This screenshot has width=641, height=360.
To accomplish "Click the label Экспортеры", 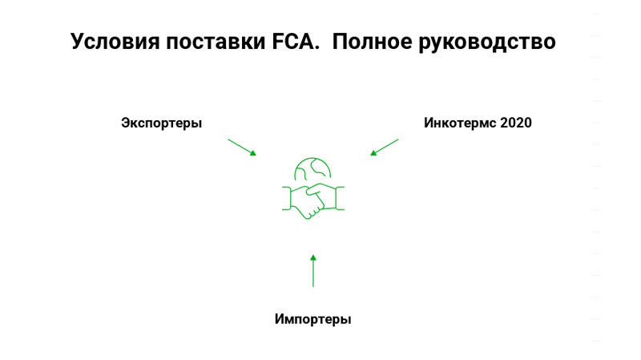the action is tap(161, 123).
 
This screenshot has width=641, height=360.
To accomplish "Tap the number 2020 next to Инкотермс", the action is tap(515, 123).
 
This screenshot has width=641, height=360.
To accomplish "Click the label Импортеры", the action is tap(312, 319).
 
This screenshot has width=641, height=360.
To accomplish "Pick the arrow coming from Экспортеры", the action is tap(242, 147).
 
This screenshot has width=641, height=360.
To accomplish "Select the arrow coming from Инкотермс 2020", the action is tap(384, 147).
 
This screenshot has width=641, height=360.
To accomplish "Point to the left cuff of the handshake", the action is tap(286, 198).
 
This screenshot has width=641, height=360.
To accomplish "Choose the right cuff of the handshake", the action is tap(340, 197).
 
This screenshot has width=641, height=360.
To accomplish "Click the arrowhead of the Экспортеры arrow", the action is tap(253, 153).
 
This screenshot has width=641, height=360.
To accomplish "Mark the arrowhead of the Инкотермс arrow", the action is tap(373, 153).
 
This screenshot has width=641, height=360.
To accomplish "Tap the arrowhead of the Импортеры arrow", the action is tap(313, 257).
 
